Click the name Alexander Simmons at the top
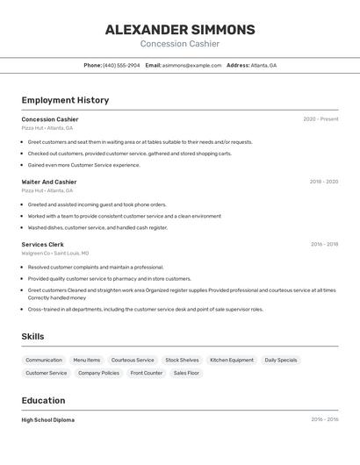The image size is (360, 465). (x=180, y=30)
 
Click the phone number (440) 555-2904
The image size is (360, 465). (x=121, y=65)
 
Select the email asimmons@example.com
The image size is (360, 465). (x=191, y=65)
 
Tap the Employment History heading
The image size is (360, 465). (x=65, y=100)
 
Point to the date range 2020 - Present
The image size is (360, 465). (x=320, y=119)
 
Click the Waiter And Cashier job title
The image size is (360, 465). (x=49, y=182)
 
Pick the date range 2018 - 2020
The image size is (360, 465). (x=323, y=182)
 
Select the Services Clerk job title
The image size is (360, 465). (x=43, y=244)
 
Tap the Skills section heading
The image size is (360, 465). (x=32, y=336)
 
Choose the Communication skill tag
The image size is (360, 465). (x=44, y=360)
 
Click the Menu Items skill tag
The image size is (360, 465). (x=87, y=360)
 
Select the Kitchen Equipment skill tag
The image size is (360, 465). (x=232, y=360)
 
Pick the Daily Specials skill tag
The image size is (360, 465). (x=281, y=360)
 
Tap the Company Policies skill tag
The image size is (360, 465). (x=98, y=373)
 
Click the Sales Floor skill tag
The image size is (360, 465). (x=186, y=373)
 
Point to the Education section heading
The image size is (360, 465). (x=45, y=400)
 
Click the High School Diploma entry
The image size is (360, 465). (x=48, y=420)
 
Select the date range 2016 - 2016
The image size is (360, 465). (x=324, y=419)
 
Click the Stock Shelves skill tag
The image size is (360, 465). (x=183, y=360)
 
